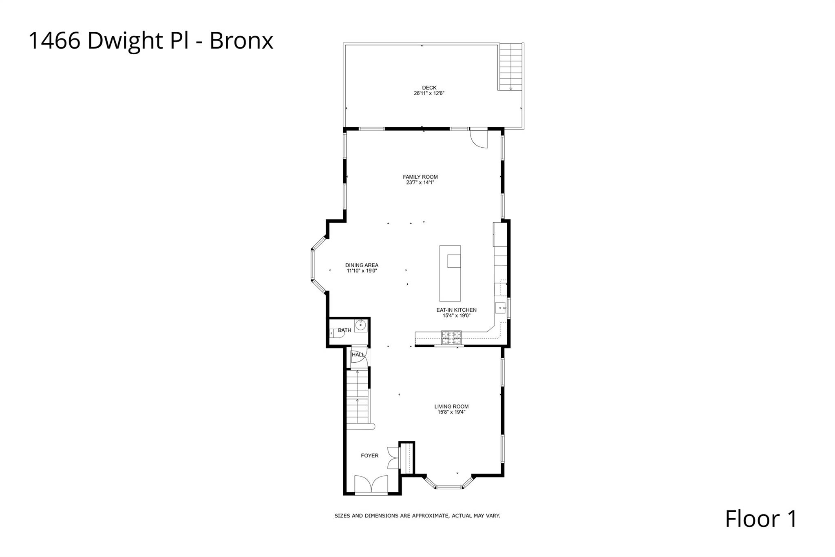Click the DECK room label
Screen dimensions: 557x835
coord(429,88)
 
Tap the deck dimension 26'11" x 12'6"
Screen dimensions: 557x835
coord(429,93)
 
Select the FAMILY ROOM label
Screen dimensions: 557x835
coord(420,177)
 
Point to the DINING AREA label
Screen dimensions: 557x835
coord(362,265)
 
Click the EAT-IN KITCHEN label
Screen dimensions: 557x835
coord(456,310)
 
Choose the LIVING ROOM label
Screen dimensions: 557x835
coord(451,406)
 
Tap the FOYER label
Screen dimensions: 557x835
coord(369,456)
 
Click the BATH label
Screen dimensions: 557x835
coord(345,330)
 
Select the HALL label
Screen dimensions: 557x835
coord(358,355)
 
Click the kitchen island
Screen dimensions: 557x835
coord(450,273)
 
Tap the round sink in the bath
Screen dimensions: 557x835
coord(360,325)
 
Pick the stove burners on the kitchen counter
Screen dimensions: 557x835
coord(452,337)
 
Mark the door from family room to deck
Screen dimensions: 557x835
coord(479,138)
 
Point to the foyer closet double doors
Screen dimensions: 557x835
coord(393,457)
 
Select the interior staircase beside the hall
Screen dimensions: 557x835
coord(357,398)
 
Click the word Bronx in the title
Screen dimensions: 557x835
coord(241,41)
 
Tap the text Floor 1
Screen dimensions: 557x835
coord(760,519)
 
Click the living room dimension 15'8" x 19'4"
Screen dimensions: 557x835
coord(451,412)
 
